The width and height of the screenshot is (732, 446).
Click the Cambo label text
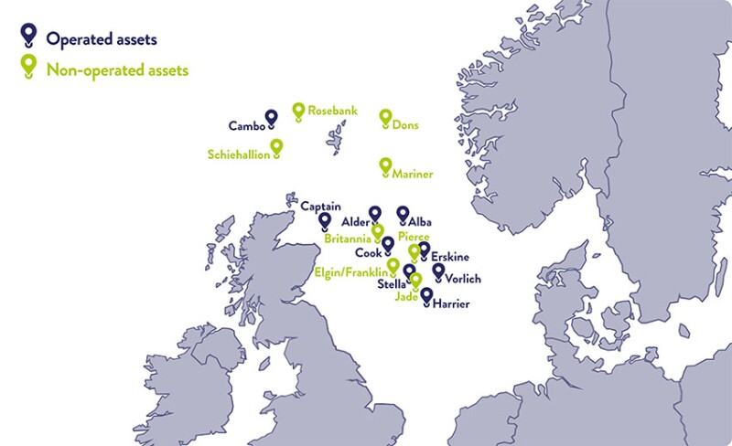point(245,126)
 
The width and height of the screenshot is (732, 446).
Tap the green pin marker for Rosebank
point(298,111)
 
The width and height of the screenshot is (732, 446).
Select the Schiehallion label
point(239,155)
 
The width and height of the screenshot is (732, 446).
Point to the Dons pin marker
point(385,118)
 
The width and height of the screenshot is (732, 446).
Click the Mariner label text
point(413,174)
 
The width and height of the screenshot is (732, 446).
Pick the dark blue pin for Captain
point(324,221)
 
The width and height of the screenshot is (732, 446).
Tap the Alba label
point(420,222)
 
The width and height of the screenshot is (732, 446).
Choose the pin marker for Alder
point(374,214)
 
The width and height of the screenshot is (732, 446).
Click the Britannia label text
point(348,238)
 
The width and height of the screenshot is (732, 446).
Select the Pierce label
point(413,237)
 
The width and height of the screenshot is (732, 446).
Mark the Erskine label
point(450,259)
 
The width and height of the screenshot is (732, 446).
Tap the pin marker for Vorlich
point(438,271)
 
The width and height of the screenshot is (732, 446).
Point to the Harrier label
point(452,303)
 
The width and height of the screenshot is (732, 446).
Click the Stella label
point(392,284)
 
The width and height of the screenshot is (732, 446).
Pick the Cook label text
point(368,252)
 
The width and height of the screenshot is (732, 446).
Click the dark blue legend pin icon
point(28,35)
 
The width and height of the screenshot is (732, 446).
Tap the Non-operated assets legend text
point(117,69)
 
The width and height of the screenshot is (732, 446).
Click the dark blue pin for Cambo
point(271,118)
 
